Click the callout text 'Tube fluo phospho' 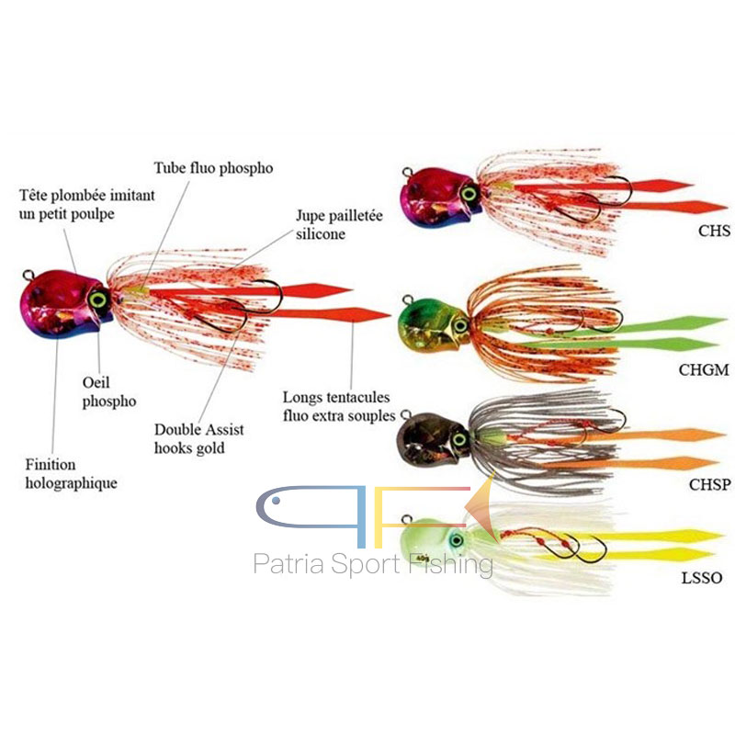[212, 168]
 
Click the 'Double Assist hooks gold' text [199, 438]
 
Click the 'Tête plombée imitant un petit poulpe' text [87, 205]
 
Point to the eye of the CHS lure [469, 194]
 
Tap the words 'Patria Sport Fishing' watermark [373, 562]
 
